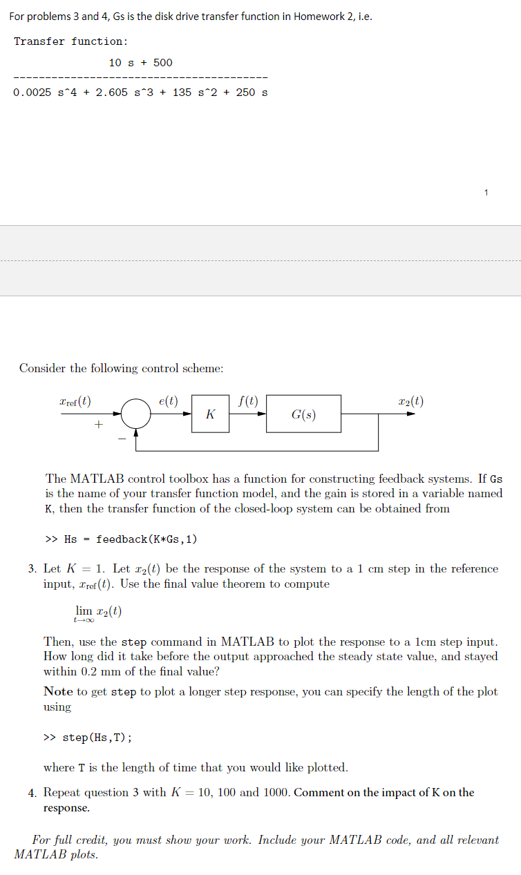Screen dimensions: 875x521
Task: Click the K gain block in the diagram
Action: pos(210,414)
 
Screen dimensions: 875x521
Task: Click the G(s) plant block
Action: pos(303,414)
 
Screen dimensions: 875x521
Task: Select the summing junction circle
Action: pos(136,414)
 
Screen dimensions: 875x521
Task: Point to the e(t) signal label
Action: pos(168,401)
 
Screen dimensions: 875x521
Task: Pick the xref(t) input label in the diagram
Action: pos(75,401)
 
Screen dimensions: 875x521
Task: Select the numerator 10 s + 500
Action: pos(141,63)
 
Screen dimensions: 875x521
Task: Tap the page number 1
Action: pos(486,192)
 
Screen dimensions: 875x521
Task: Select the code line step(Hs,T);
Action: pos(97,738)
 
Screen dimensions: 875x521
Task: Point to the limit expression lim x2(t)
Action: pos(98,612)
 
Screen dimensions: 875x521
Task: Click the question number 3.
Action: pos(32,570)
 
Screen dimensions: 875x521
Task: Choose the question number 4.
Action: pos(32,793)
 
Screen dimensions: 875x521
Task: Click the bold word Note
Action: pos(58,691)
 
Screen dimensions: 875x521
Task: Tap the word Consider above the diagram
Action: pos(44,368)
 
